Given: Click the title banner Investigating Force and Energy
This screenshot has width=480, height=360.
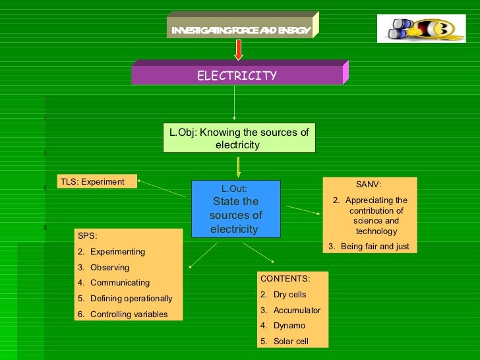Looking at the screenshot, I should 241,30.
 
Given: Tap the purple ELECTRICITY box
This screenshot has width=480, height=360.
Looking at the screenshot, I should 237,76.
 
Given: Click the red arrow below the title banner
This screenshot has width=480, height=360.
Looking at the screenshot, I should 239,49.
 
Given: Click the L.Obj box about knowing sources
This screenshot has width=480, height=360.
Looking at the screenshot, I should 239,138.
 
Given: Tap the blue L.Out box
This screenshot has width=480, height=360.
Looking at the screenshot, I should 235,208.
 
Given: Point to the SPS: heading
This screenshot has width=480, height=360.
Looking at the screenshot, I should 87,235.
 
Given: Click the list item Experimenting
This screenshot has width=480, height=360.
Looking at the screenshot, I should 117,252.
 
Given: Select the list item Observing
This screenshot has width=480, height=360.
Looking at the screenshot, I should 109,268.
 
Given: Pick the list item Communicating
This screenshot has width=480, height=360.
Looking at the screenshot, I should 119,283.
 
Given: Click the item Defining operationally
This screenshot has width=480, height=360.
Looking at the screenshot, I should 131,299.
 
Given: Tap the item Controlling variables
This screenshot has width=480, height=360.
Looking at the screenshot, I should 129,315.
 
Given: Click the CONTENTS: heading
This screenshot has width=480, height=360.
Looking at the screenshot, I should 285,278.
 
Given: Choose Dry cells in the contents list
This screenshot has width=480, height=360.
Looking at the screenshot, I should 289,295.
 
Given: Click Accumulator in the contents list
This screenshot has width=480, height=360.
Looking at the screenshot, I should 297,311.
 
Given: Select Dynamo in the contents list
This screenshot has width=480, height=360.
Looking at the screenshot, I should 289,326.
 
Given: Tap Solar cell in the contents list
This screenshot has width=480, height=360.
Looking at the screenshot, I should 291,342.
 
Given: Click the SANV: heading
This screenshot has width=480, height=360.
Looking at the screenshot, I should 369,185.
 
